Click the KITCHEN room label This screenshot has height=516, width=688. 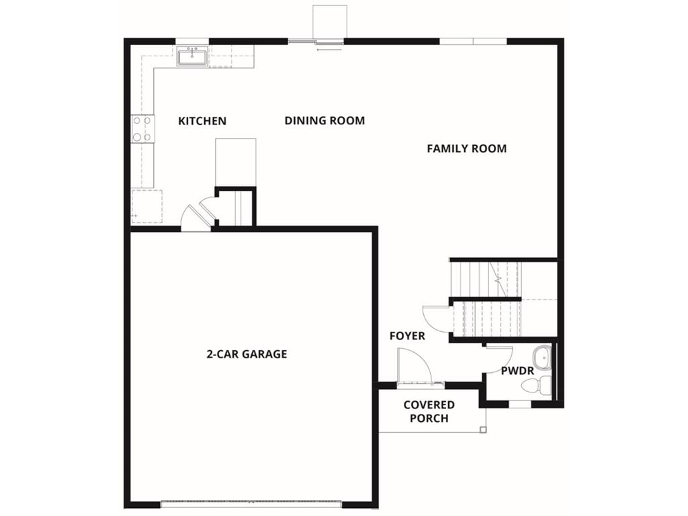[202, 121]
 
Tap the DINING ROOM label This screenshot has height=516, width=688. [325, 120]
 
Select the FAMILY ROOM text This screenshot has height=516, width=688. [466, 148]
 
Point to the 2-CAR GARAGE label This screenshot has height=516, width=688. [247, 354]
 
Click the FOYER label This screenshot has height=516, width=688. [407, 336]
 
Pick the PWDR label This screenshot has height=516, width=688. [517, 370]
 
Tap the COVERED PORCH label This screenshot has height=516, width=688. [429, 411]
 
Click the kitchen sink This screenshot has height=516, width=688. [192, 56]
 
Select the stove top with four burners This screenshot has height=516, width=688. [142, 128]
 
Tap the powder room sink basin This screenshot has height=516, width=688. [542, 358]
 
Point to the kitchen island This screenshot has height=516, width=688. [235, 161]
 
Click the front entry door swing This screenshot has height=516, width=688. [412, 366]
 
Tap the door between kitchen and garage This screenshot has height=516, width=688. [198, 217]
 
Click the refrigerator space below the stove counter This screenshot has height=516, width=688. [146, 206]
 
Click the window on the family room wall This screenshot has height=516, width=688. [473, 41]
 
